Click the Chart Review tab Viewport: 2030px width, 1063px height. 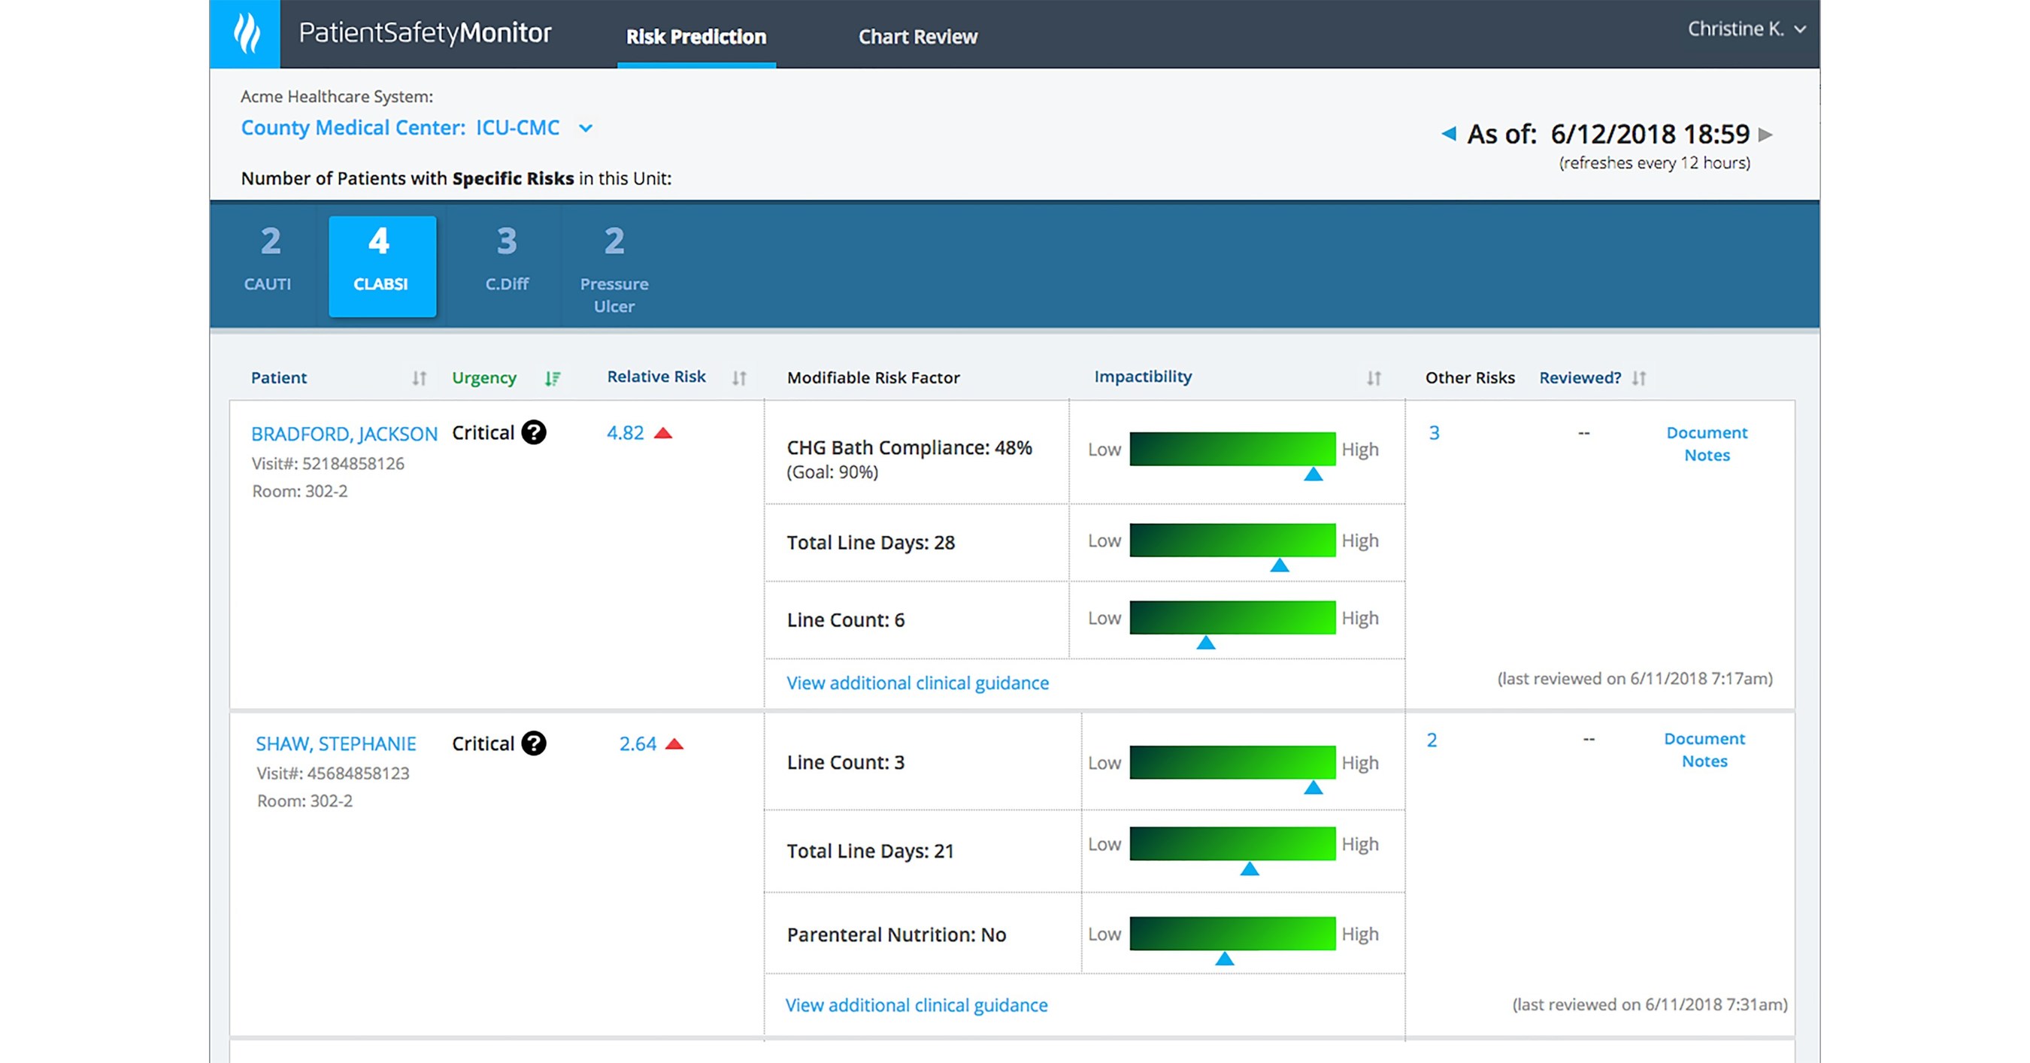(x=917, y=36)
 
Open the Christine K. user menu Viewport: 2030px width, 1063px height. (x=1746, y=29)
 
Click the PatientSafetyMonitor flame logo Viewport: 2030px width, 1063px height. (x=246, y=33)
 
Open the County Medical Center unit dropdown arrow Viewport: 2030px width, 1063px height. (x=586, y=128)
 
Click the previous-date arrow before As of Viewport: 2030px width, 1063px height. (x=1448, y=133)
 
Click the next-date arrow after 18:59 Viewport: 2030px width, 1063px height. (x=1766, y=134)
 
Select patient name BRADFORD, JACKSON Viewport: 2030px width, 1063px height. (x=344, y=434)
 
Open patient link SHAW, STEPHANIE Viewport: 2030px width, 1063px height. (x=336, y=743)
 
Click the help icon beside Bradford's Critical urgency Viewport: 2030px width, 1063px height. (x=534, y=432)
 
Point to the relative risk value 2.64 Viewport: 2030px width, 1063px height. (x=638, y=743)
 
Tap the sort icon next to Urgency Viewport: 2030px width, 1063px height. (x=553, y=378)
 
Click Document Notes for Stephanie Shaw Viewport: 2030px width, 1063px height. (x=1704, y=750)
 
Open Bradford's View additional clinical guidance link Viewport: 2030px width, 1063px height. (x=917, y=683)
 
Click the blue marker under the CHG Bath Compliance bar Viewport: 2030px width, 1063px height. (x=1313, y=474)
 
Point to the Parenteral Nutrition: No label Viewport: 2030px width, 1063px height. (x=896, y=934)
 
